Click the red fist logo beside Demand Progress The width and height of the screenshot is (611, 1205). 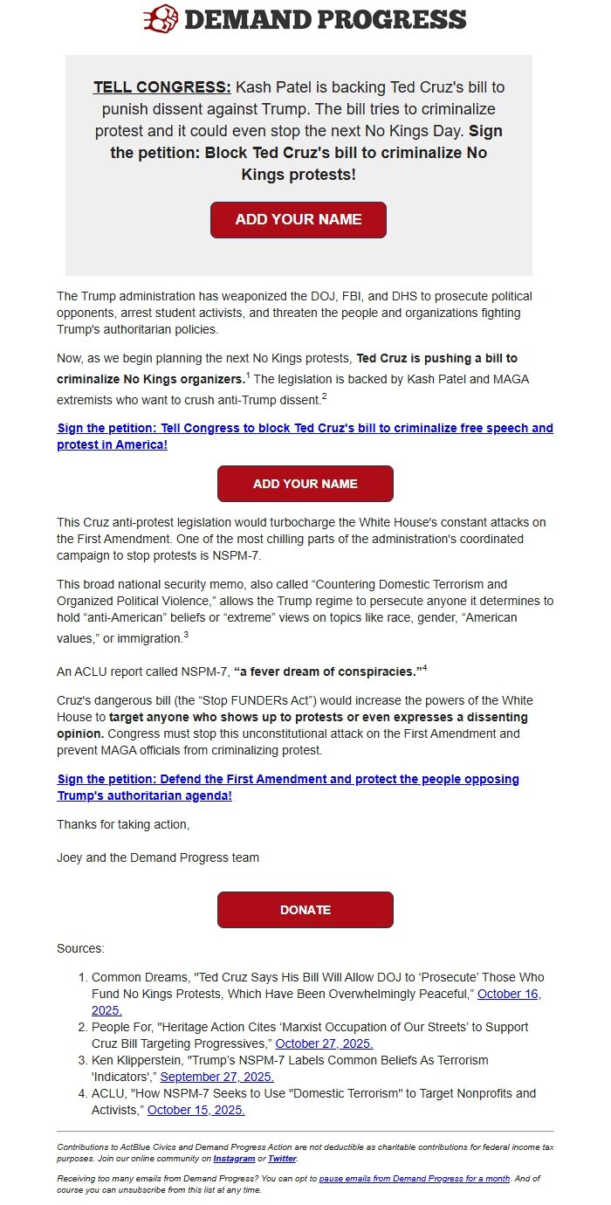point(161,18)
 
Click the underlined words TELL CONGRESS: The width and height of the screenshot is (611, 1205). point(162,87)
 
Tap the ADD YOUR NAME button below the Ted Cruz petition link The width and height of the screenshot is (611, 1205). point(305,484)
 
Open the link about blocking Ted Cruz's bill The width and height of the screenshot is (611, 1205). point(305,436)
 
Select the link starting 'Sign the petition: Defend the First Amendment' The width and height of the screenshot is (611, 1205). point(288,787)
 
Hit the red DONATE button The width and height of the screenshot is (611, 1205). point(305,910)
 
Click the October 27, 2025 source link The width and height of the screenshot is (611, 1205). point(324,1043)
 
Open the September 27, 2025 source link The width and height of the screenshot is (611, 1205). point(216,1077)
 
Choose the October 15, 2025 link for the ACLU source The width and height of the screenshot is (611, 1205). point(196,1110)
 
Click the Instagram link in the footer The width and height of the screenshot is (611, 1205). point(234,1159)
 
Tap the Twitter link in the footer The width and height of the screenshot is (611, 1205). point(282,1159)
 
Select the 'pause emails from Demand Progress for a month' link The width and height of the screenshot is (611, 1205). point(414,1178)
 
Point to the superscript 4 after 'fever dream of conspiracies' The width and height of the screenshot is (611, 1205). point(424,668)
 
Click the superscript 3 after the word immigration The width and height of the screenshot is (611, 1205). point(186,635)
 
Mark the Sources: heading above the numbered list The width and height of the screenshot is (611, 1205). point(80,948)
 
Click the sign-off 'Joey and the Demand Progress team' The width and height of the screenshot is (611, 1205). point(158,857)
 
